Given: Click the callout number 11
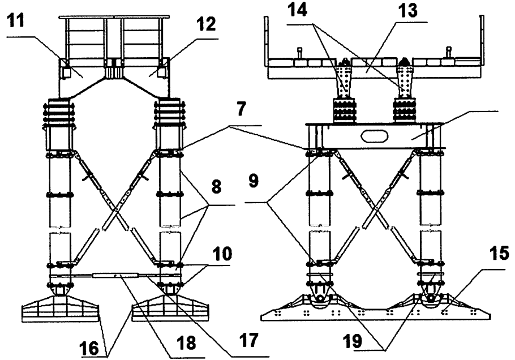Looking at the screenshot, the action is tap(16, 20).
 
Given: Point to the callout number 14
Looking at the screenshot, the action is tap(297, 10).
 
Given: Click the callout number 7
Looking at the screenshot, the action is tap(241, 109).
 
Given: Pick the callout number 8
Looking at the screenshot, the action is tap(216, 187).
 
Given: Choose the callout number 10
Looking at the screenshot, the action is tap(222, 254).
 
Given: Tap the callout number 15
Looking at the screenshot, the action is tap(499, 253).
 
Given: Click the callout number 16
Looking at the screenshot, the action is tap(89, 348).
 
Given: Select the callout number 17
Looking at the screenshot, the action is tap(249, 340).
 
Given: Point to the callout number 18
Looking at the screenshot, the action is tap(187, 342).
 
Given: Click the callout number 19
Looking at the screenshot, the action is tap(353, 341).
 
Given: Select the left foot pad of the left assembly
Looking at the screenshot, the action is tap(60, 308).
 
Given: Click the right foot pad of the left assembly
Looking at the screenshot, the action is tap(170, 308).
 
